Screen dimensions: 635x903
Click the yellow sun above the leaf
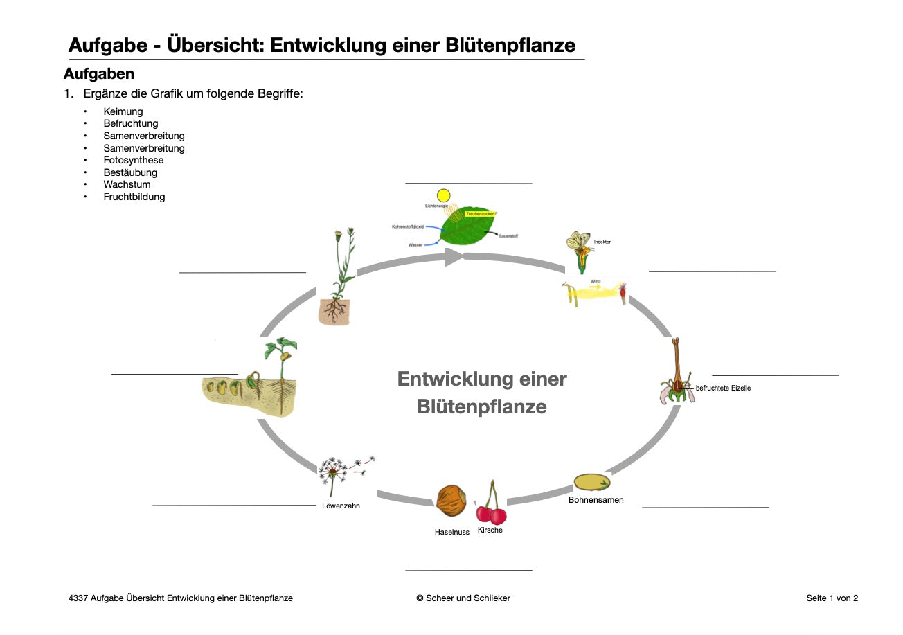click(444, 195)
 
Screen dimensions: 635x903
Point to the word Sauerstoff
click(508, 236)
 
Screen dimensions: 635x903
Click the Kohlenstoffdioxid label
click(407, 226)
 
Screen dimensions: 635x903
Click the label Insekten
click(602, 242)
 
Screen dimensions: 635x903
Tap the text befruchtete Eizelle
click(723, 388)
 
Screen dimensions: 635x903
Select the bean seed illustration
click(592, 482)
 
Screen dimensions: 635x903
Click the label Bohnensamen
click(596, 500)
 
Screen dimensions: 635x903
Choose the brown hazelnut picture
click(451, 500)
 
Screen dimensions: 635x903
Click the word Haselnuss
click(452, 532)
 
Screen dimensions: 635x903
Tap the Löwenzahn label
click(341, 506)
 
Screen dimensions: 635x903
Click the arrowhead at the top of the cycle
click(453, 258)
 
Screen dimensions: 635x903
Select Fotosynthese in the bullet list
click(134, 160)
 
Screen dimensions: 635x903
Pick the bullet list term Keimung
click(123, 111)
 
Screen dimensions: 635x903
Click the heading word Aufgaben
click(99, 73)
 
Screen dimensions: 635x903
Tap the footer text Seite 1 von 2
click(832, 598)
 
